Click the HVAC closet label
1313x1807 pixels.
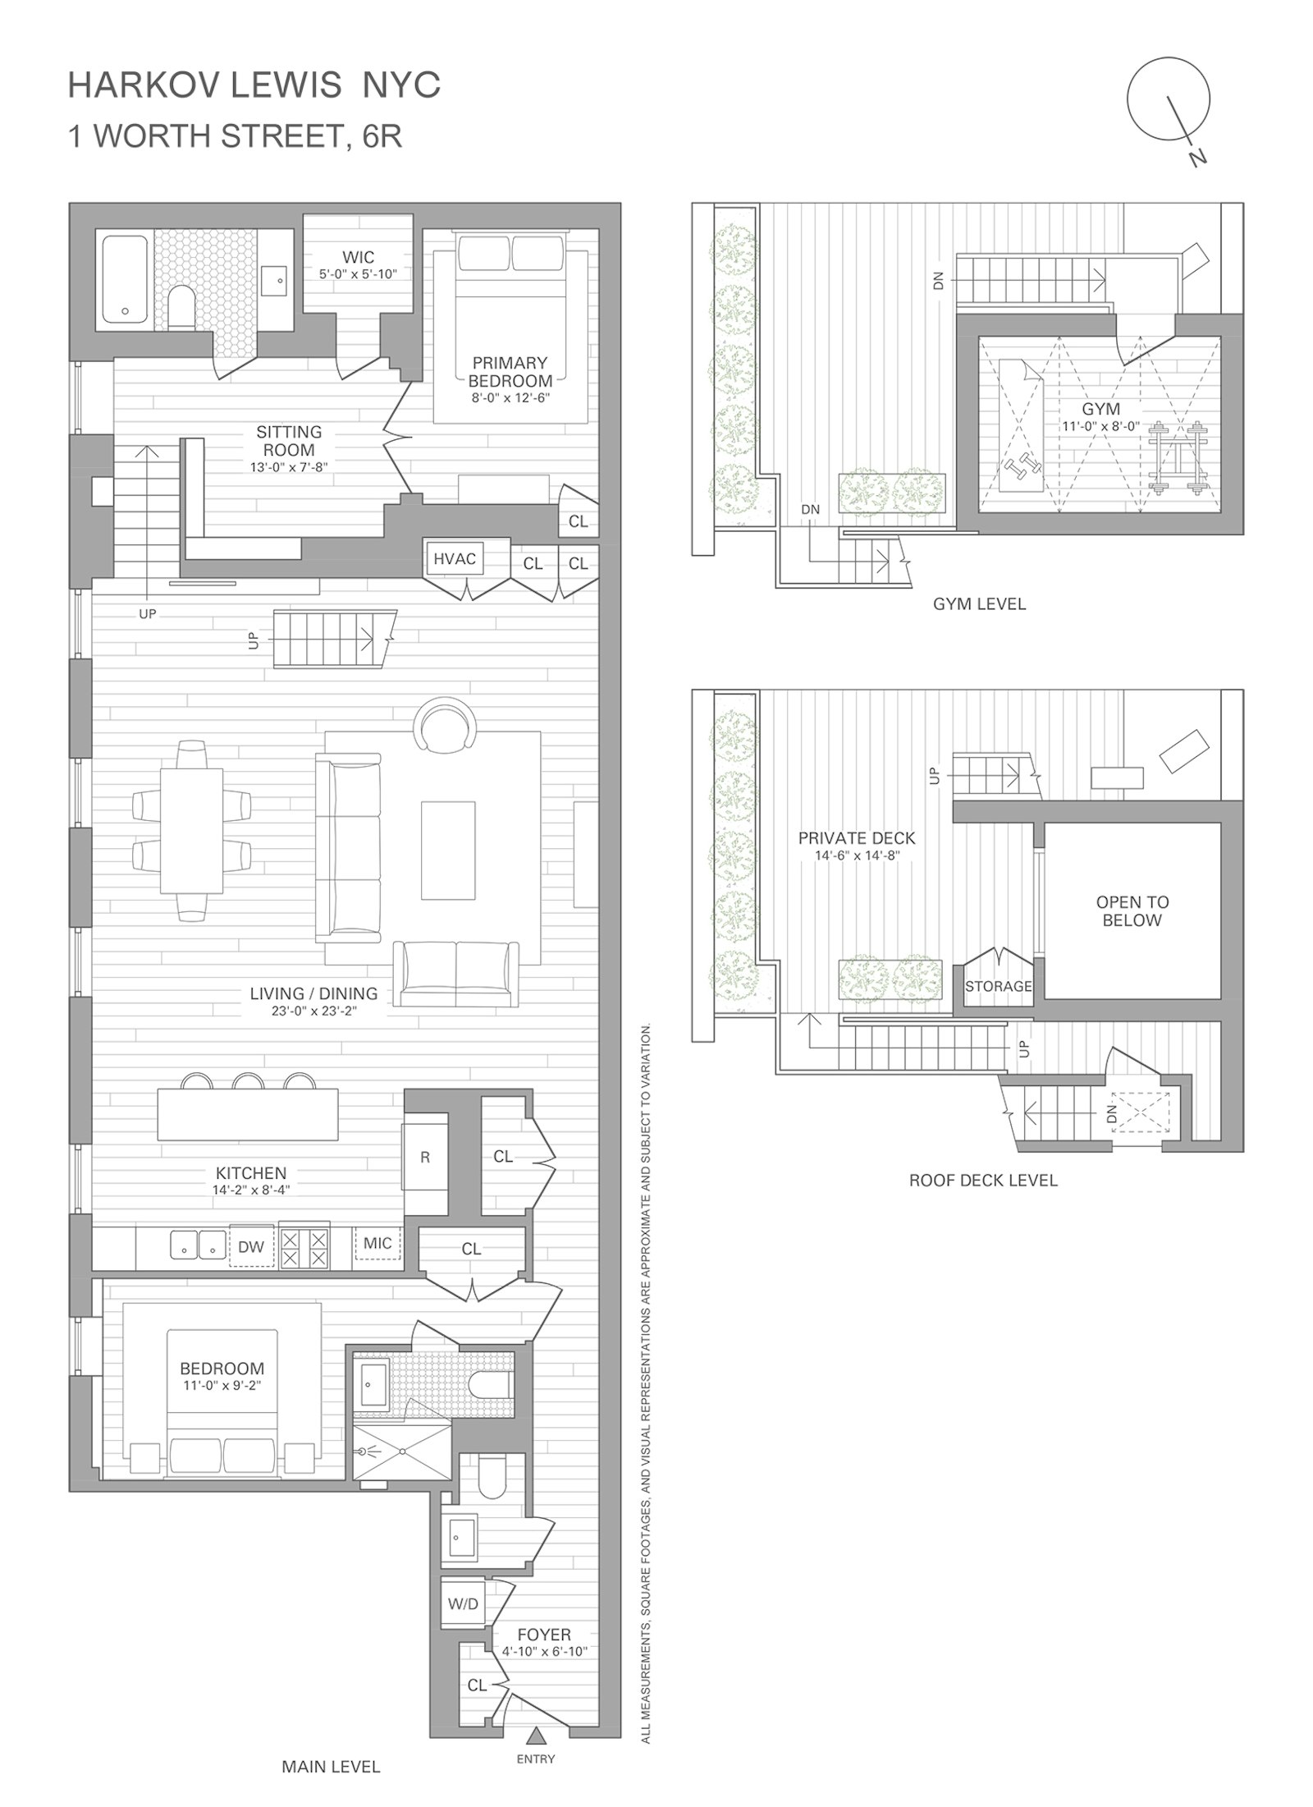(x=454, y=559)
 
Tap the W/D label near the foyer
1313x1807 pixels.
(x=463, y=1603)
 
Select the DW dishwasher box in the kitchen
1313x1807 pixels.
(x=251, y=1246)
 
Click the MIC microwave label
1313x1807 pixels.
(x=377, y=1243)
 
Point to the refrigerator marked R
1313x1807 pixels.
(x=424, y=1157)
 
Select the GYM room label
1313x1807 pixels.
(x=1100, y=409)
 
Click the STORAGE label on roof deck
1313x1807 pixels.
(x=998, y=986)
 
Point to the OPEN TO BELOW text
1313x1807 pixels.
(x=1132, y=910)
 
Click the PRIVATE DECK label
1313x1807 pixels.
(x=856, y=838)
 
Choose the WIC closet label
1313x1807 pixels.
(x=359, y=258)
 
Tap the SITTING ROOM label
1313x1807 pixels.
(x=289, y=441)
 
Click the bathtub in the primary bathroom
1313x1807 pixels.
(x=125, y=280)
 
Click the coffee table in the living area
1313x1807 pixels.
(x=448, y=851)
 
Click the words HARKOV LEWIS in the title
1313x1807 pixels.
(x=204, y=85)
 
